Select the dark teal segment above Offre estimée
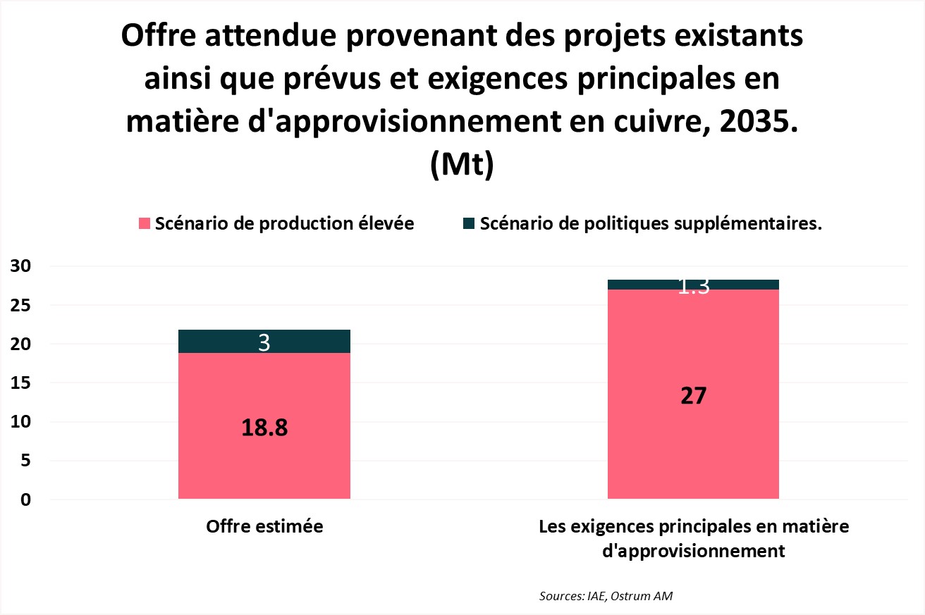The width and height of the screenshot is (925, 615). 212,341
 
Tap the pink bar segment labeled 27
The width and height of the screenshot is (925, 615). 693,451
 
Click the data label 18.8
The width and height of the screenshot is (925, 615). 264,428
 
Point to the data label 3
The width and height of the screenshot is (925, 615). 264,342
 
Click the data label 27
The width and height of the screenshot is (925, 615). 693,396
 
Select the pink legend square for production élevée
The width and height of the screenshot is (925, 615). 145,224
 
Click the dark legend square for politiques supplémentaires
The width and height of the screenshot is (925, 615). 469,224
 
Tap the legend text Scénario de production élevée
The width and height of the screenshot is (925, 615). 284,224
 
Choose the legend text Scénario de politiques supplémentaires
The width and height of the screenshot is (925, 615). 651,224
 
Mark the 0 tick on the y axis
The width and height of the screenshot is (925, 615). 25,499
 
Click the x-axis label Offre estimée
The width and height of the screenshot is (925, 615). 264,527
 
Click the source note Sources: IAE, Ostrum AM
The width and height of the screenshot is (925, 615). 606,596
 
